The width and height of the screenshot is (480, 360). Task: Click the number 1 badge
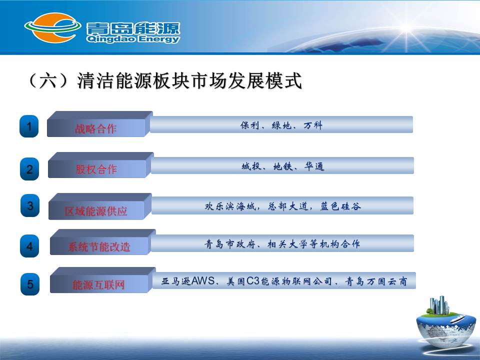[x=29, y=126]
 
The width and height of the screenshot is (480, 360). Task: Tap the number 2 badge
[x=29, y=169]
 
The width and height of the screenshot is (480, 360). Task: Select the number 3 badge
[x=30, y=205]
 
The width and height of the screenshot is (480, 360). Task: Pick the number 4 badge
[x=29, y=246]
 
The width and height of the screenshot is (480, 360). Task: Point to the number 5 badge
[x=30, y=284]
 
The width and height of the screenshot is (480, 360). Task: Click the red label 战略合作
[x=96, y=128]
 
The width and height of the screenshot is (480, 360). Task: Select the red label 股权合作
[x=96, y=169]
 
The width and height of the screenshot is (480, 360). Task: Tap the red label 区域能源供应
[x=96, y=211]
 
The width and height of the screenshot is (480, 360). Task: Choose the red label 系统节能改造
[x=99, y=246]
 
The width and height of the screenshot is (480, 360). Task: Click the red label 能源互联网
[x=98, y=285]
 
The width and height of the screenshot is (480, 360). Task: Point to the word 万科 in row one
[x=313, y=125]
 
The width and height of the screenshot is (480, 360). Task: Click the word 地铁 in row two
[x=283, y=166]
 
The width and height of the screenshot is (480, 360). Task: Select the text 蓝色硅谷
[x=340, y=206]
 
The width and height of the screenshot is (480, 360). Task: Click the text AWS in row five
[x=203, y=280]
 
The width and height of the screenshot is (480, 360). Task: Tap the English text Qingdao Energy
[x=133, y=39]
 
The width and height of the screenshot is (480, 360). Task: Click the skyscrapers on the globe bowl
[x=439, y=305]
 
